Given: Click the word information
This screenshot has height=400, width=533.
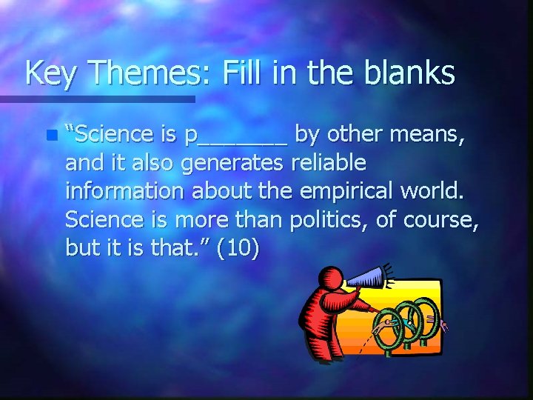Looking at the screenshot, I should point(125,191).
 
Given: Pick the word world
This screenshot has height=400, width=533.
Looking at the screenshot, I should point(436,191).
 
